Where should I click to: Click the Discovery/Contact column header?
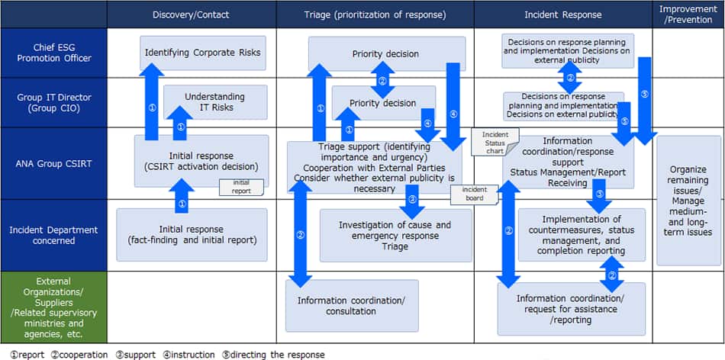[191, 14]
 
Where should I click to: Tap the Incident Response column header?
[562, 14]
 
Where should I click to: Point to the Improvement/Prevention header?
[688, 14]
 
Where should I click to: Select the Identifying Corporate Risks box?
[202, 53]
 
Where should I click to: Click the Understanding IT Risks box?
[215, 102]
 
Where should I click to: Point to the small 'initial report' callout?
[241, 187]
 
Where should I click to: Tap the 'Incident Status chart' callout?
[495, 142]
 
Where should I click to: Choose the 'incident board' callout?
[474, 194]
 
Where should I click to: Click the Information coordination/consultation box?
[352, 305]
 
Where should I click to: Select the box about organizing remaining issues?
[688, 200]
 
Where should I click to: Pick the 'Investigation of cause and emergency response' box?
[395, 235]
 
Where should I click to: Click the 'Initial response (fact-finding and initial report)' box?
[192, 234]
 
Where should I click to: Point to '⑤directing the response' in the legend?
[272, 355]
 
